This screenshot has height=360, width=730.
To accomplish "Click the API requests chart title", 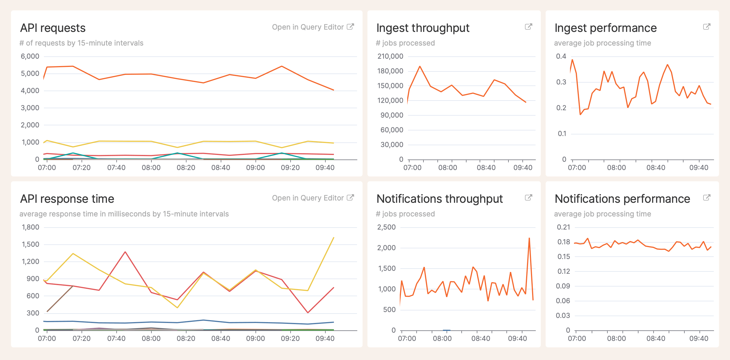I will coord(53,28).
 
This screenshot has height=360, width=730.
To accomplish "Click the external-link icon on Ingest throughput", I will coord(528,27).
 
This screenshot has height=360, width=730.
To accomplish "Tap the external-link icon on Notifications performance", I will coord(707,198).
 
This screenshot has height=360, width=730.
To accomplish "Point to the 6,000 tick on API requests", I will coord(30,56).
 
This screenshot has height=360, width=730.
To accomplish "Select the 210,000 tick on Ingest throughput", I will coord(390,56).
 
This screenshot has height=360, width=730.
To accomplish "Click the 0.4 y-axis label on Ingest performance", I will coord(561,56).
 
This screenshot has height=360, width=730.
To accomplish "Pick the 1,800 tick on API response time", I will coord(31,227).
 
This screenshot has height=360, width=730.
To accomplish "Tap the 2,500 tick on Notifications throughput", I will coord(386,227).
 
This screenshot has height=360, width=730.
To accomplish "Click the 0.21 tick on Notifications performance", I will coord(563,227).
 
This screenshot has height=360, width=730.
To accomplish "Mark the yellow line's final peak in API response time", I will coord(334,238).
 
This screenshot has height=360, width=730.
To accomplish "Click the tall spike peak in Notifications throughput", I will coord(529,238).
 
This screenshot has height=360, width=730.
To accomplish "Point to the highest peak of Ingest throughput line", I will coord(420,66).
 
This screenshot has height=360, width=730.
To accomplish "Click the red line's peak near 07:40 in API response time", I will coord(125,252).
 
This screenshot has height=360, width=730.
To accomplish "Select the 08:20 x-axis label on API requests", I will coord(186,168).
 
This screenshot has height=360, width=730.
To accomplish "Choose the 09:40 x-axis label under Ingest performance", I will coord(699,168).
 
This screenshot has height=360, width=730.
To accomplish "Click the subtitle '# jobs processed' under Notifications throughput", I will coord(405,214).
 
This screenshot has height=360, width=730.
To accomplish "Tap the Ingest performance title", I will coord(605,28).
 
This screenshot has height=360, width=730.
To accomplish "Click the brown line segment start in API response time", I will coord(47,311).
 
